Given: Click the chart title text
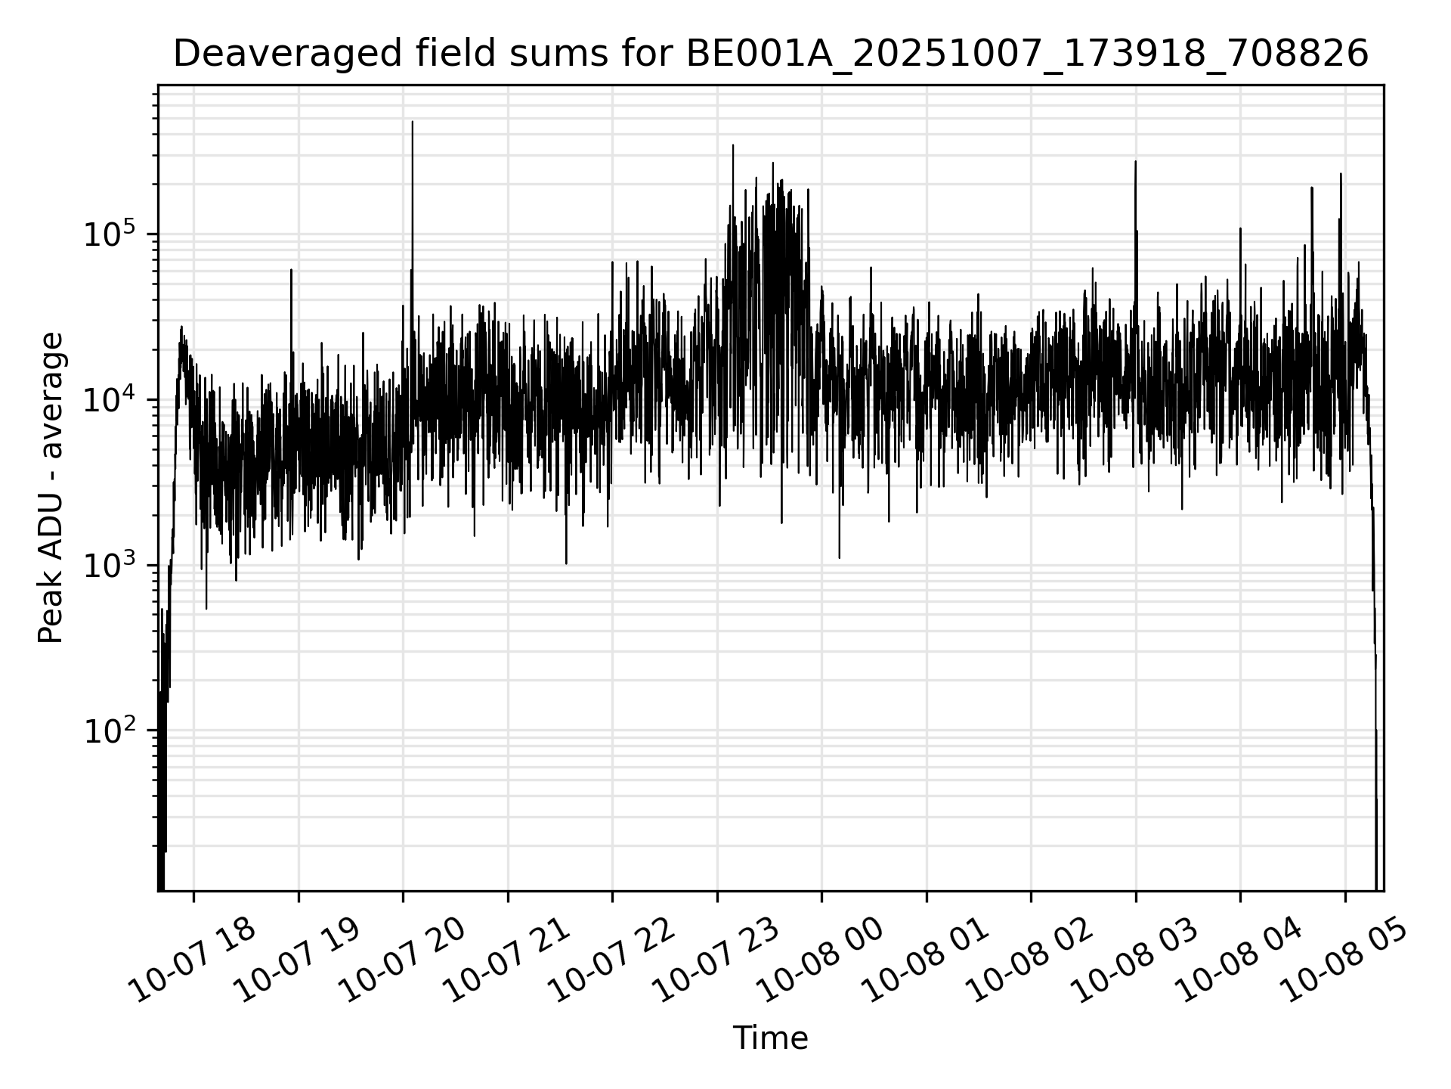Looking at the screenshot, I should click(x=771, y=54).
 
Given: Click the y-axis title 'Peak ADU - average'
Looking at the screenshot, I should click(x=51, y=488).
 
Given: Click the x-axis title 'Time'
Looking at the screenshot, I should click(x=770, y=1038).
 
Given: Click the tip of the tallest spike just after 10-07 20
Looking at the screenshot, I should click(x=413, y=122).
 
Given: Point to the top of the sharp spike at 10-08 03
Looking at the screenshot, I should click(x=1135, y=161).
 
